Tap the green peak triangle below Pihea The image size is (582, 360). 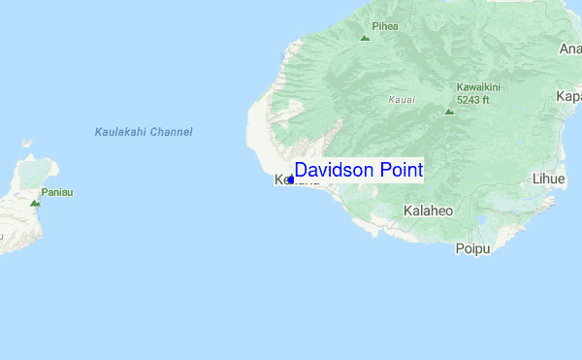coord(365,39)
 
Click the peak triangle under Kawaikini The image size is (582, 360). coord(448,111)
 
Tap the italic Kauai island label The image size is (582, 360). coord(401,99)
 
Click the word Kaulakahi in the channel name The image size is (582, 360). coord(121,132)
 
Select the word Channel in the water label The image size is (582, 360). coord(172,132)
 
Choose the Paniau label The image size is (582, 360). coord(57,192)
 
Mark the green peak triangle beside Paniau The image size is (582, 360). coord(35,203)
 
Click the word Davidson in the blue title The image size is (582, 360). coord(335,170)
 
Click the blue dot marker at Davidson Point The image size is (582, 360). coord(290,179)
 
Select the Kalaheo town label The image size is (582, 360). coord(428,211)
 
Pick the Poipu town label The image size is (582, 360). coord(473,248)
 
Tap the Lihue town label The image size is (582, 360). coord(548,179)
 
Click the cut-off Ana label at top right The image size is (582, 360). coord(570,49)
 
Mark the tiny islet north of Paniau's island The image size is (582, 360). coord(28,143)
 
